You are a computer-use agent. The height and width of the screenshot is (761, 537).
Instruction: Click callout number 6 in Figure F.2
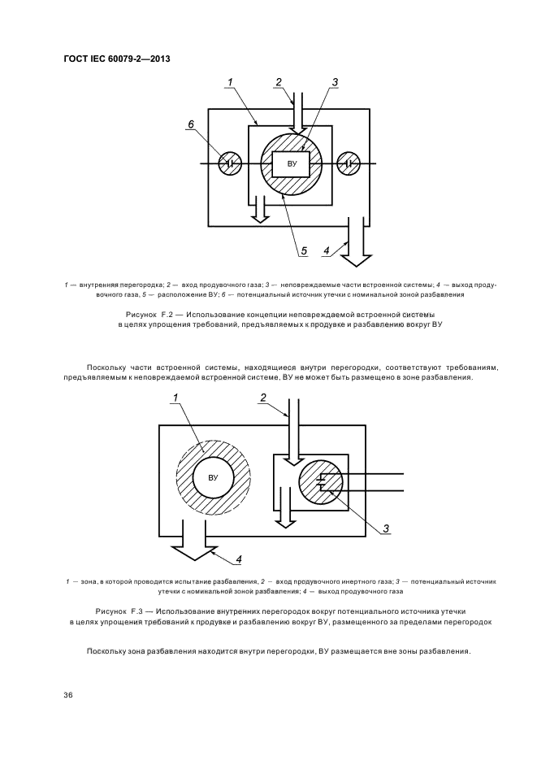tap(191, 124)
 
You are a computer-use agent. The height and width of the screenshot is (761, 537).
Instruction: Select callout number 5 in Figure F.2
tap(303, 250)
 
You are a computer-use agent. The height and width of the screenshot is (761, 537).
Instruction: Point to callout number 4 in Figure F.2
tap(327, 251)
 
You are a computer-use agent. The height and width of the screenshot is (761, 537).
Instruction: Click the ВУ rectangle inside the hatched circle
tap(290, 164)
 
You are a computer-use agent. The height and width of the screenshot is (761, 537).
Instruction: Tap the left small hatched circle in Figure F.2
tap(231, 164)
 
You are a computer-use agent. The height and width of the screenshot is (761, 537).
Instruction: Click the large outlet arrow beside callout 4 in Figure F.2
tap(356, 247)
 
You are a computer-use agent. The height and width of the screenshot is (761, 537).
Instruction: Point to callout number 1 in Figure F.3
tap(174, 398)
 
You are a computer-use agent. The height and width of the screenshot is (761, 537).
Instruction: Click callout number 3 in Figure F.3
tap(387, 530)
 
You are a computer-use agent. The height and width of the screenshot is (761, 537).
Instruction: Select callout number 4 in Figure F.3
tap(240, 559)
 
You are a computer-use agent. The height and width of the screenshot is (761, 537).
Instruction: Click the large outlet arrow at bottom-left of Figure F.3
tap(189, 546)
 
